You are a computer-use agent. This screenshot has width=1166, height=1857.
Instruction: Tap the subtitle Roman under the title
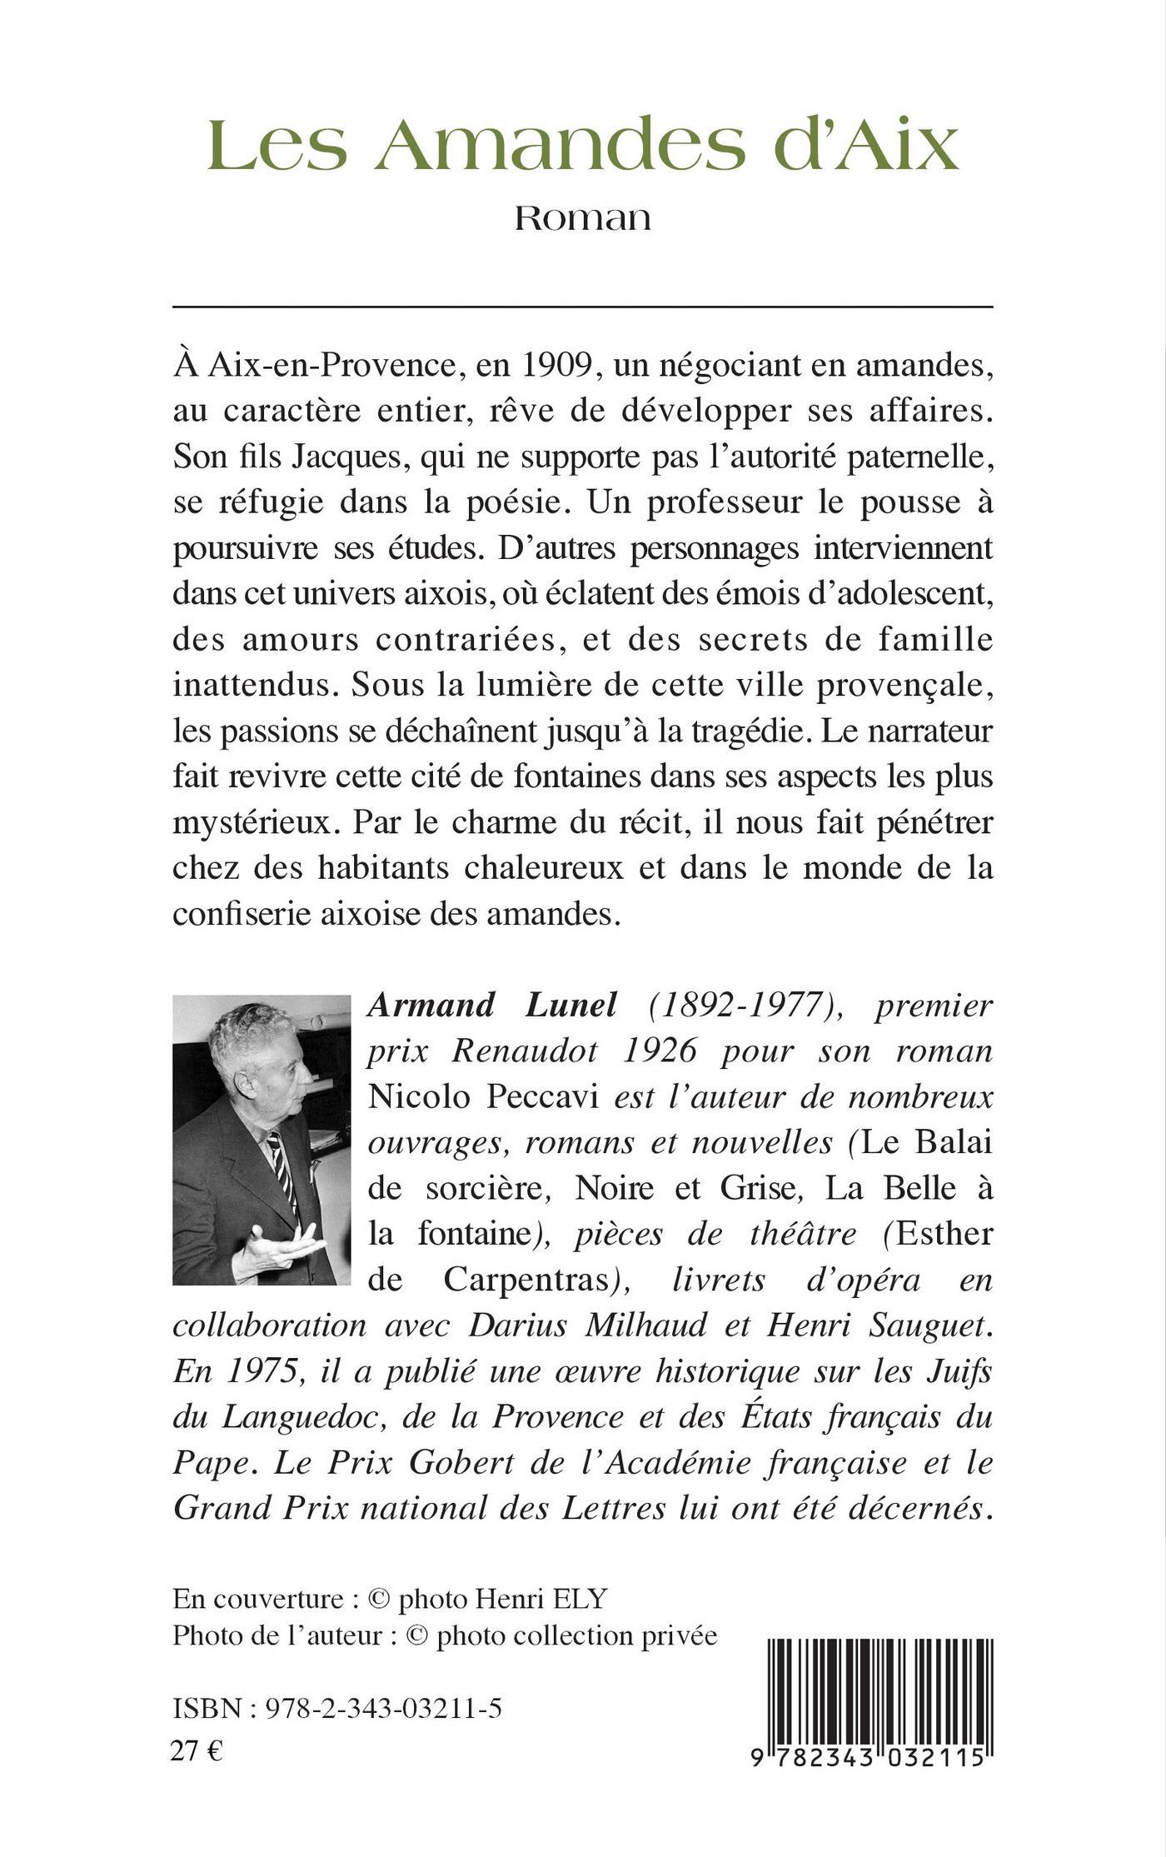click(582, 218)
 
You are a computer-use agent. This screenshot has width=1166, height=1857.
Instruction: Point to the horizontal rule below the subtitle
click(582, 307)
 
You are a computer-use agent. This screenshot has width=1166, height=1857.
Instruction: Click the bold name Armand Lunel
click(492, 1005)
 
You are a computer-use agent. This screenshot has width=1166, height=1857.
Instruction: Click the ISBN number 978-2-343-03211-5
click(383, 1709)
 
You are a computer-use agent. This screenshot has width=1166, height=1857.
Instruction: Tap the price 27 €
click(197, 1753)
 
